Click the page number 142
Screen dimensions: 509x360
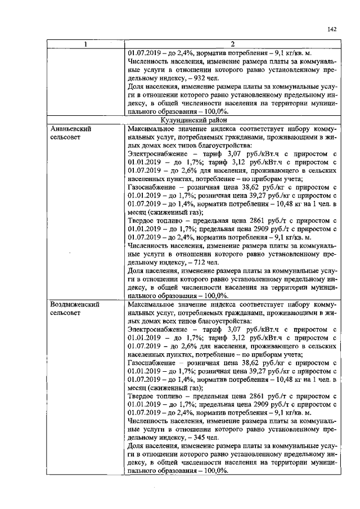click(331, 30)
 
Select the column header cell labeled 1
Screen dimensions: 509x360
click(86, 44)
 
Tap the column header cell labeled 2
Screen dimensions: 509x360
click(233, 44)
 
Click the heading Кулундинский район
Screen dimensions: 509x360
click(233, 120)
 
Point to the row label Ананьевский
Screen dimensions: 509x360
click(70, 128)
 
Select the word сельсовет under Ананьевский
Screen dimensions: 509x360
click(65, 137)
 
